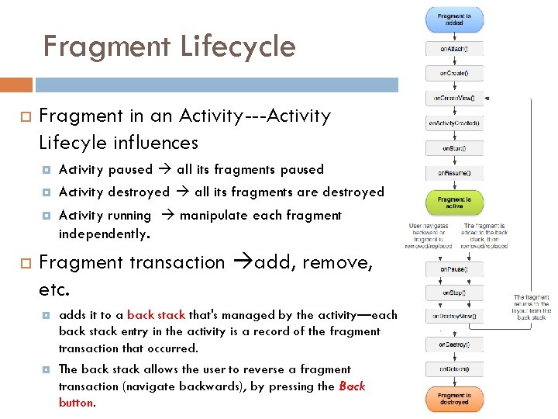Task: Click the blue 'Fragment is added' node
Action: pos(454,19)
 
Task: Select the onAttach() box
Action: pos(454,49)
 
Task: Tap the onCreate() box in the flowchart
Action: pos(454,74)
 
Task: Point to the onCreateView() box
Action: pos(454,99)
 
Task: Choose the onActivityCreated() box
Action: pos(454,123)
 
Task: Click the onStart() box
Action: pos(454,147)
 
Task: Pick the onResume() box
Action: pos(454,172)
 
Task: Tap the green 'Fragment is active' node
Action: pos(454,203)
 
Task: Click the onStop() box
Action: pos(454,293)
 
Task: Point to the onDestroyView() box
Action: pos(454,317)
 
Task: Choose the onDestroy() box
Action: pos(454,344)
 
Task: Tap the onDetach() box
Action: pos(454,369)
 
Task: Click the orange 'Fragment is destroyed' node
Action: pos(454,399)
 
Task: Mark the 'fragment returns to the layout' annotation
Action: pos(532,306)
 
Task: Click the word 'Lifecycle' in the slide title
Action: pos(239,47)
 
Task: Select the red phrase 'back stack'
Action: pos(156,315)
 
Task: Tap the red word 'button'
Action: pos(76,403)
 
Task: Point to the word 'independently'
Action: pos(103,234)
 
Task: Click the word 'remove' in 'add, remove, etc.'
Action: pos(336,262)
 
